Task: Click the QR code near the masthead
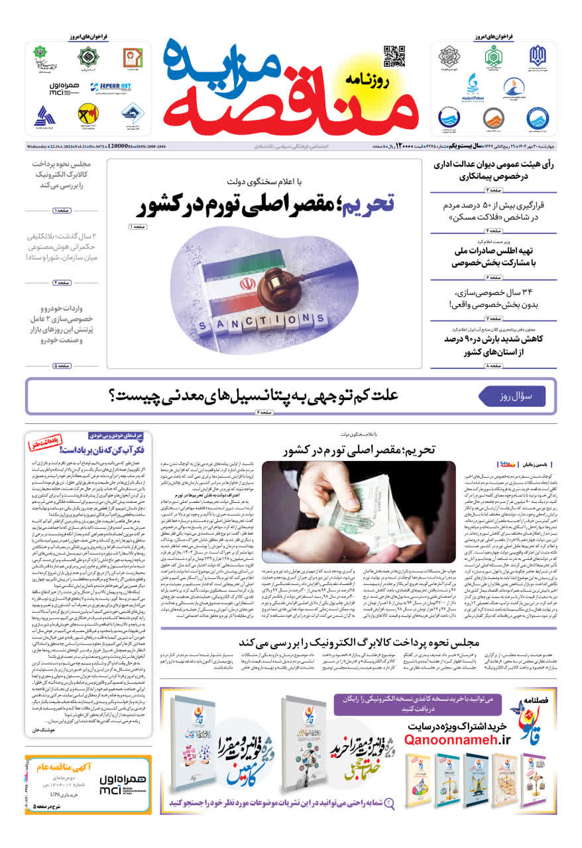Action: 394,56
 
